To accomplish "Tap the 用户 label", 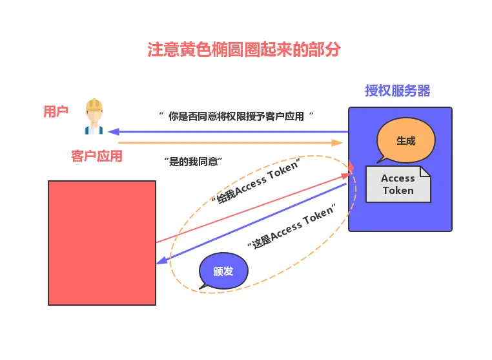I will [56, 112].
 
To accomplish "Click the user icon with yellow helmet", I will [94, 116].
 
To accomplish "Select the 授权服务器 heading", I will [397, 90].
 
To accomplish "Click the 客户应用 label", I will [96, 156].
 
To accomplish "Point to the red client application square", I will [102, 242].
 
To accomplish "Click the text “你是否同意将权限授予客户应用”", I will [236, 116].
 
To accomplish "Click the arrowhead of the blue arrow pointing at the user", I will [112, 132].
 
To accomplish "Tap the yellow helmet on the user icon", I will [94, 105].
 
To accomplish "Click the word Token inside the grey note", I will [398, 191].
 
